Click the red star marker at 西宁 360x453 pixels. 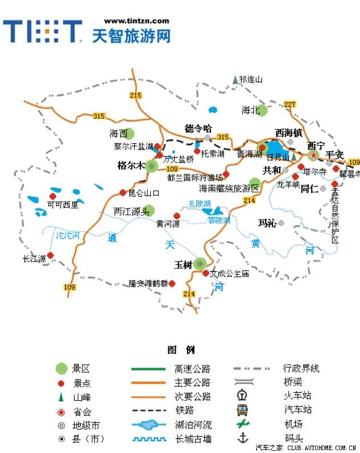[312, 155]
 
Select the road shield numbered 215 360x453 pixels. [135, 95]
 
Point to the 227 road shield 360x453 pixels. [290, 104]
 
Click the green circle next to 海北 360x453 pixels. [262, 110]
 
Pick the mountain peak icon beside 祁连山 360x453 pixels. [235, 81]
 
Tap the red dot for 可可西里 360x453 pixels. [53, 196]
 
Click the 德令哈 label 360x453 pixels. [198, 128]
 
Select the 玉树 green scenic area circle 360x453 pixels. [200, 264]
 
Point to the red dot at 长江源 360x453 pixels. [50, 255]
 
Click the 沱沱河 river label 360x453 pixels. [68, 235]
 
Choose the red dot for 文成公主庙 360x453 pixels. [205, 273]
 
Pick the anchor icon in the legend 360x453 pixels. [243, 438]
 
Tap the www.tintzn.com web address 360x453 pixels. [136, 20]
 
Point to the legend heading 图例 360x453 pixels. [181, 350]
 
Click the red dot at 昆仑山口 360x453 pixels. [122, 192]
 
